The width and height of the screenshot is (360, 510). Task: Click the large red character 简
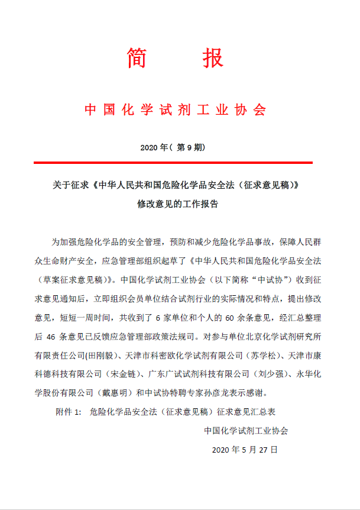tap(137, 58)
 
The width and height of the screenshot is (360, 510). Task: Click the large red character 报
tap(212, 58)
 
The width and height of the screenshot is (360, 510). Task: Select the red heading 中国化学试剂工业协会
tap(176, 110)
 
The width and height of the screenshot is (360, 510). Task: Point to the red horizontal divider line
tap(173, 162)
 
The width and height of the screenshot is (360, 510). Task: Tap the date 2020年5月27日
tap(244, 450)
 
